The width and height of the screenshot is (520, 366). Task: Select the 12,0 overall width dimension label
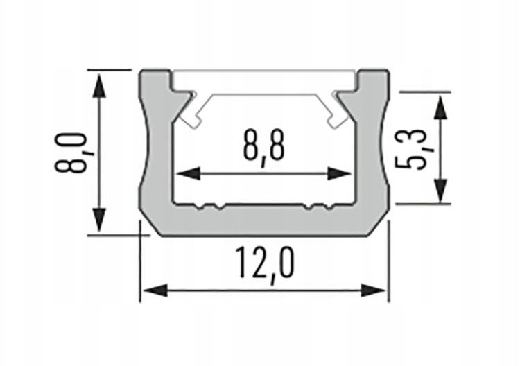(x=264, y=265)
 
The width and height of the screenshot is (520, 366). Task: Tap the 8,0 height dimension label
(x=71, y=151)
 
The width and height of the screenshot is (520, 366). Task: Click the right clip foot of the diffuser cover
(x=338, y=118)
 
